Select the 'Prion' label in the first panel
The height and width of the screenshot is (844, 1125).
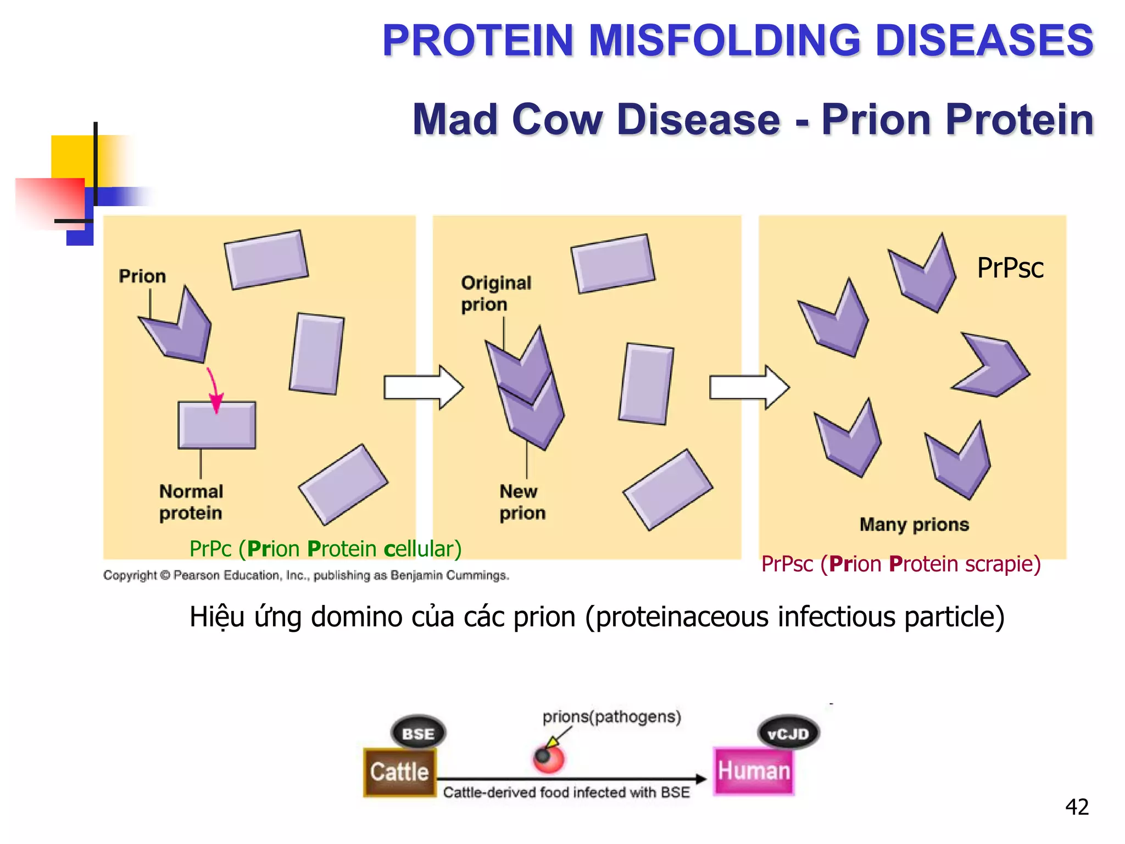142,276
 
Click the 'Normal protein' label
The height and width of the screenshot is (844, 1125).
191,502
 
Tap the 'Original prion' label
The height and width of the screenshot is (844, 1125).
495,293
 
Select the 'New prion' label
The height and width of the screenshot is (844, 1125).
522,502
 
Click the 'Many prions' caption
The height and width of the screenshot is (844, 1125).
914,524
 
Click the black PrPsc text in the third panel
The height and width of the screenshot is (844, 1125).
1010,268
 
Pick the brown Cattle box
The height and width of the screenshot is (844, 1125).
399,772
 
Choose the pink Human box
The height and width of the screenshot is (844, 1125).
754,771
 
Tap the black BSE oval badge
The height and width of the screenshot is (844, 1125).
418,734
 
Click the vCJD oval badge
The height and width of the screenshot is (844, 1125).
788,734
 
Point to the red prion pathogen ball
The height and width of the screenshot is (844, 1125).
548,759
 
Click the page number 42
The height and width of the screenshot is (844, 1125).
1077,807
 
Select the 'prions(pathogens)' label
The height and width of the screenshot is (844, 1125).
611,717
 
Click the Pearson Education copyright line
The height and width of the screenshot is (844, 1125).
306,575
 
